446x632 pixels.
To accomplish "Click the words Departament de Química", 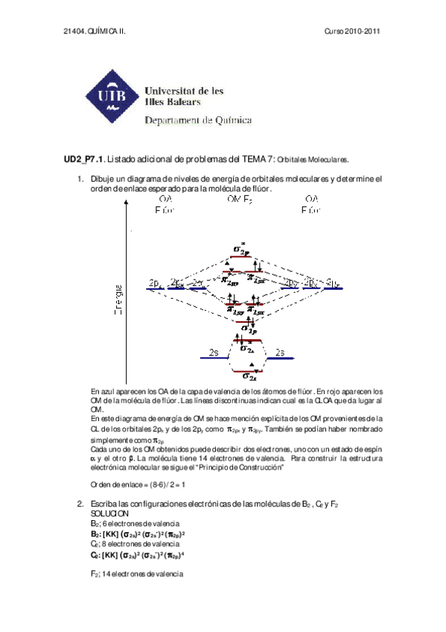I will [198, 119].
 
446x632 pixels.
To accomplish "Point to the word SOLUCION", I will [109, 514].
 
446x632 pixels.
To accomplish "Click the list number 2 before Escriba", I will [80, 505].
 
